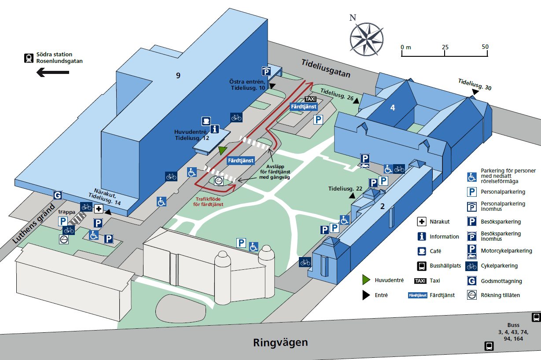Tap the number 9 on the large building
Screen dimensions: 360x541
[x=178, y=76]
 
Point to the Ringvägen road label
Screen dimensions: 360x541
[x=280, y=342]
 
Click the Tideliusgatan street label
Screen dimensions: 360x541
[x=326, y=68]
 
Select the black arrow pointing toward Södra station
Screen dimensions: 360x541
[x=52, y=72]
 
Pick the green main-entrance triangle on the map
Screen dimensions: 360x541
[x=223, y=151]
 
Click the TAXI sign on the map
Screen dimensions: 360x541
[x=310, y=99]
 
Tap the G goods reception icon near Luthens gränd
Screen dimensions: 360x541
[x=57, y=195]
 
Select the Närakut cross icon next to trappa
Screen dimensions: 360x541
[x=99, y=209]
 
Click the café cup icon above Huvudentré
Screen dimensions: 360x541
[x=206, y=121]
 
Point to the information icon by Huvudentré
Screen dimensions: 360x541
[x=215, y=129]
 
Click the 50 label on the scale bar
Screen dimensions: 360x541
[x=485, y=47]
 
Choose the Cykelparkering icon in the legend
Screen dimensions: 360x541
[x=471, y=266]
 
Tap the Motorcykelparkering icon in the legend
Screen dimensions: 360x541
[x=471, y=251]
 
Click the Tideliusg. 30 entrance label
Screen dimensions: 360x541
[x=475, y=84]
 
